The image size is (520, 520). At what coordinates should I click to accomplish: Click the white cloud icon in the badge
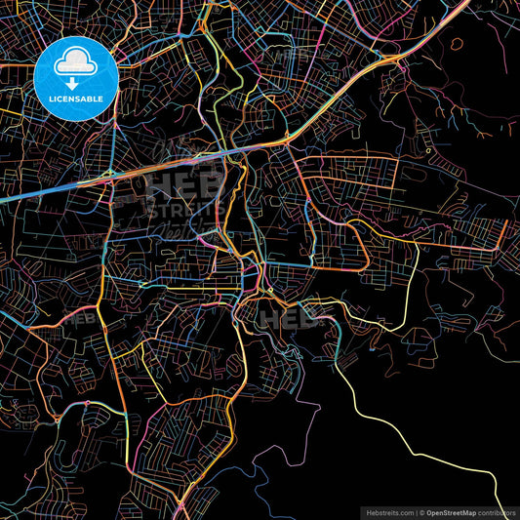[74, 64]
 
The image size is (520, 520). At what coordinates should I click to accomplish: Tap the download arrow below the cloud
[74, 83]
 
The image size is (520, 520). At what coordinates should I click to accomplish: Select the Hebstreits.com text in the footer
[388, 511]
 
